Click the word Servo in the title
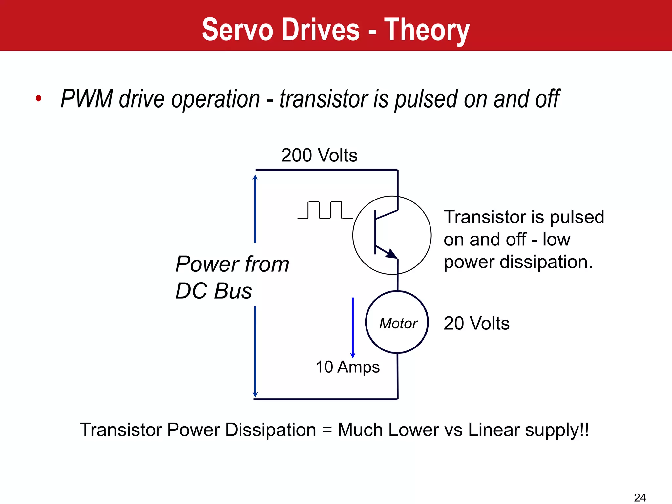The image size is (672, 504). point(238,30)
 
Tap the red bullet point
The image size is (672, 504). point(39,98)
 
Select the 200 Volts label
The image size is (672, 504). point(319,155)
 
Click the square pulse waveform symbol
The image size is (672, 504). point(325,210)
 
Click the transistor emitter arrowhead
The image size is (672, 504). point(391,254)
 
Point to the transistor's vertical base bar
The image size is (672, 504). point(375,232)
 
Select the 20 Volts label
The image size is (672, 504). point(476,323)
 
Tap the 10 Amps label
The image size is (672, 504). point(347,367)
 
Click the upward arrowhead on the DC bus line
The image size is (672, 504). point(255,177)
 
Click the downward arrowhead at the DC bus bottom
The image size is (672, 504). point(255,394)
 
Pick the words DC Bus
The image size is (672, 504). point(214,291)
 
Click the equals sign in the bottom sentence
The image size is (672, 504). point(327,430)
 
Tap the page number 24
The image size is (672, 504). point(640,497)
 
